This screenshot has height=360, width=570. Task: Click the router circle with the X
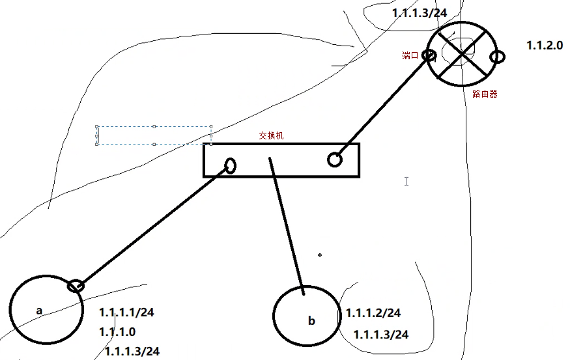(462, 55)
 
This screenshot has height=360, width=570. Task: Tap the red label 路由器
(485, 94)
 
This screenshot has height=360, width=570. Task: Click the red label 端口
(410, 56)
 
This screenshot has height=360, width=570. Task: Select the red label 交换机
(271, 137)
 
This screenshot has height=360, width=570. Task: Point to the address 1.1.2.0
(544, 46)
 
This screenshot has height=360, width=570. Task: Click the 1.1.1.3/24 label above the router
(420, 13)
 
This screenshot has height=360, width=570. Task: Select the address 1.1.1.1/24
(127, 312)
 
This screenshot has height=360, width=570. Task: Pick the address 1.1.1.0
(117, 332)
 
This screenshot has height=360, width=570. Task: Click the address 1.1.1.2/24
(373, 314)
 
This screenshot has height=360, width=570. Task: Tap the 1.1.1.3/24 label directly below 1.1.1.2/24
(381, 335)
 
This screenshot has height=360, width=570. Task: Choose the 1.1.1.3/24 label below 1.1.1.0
(132, 352)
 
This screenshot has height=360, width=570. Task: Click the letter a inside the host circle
(39, 311)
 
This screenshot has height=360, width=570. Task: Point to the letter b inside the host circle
(311, 321)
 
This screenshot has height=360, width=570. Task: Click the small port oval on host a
(76, 285)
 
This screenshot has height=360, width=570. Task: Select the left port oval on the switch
(230, 165)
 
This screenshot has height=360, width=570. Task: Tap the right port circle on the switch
(334, 159)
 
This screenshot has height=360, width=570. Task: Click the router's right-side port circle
(497, 57)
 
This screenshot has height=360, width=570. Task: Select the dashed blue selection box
(154, 135)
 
